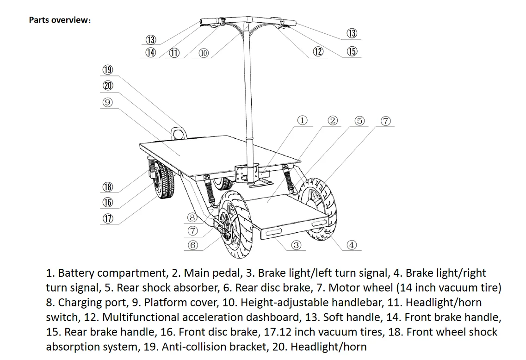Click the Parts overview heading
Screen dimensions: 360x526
point(60,20)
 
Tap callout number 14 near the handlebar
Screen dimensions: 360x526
point(151,52)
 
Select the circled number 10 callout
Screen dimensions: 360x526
point(204,52)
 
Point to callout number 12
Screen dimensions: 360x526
point(318,51)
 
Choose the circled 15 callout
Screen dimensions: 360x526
point(352,51)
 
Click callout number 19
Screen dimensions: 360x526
point(107,70)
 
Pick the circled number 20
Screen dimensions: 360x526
point(107,86)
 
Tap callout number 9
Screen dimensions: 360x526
point(107,102)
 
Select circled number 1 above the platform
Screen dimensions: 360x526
point(302,120)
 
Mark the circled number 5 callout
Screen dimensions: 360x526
point(359,121)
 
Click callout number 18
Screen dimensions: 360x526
point(107,187)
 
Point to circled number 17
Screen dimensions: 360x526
point(107,218)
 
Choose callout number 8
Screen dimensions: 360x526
point(193,216)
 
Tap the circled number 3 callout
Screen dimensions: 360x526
point(296,245)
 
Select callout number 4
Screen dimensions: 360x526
point(352,245)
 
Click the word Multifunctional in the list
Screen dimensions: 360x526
point(141,317)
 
